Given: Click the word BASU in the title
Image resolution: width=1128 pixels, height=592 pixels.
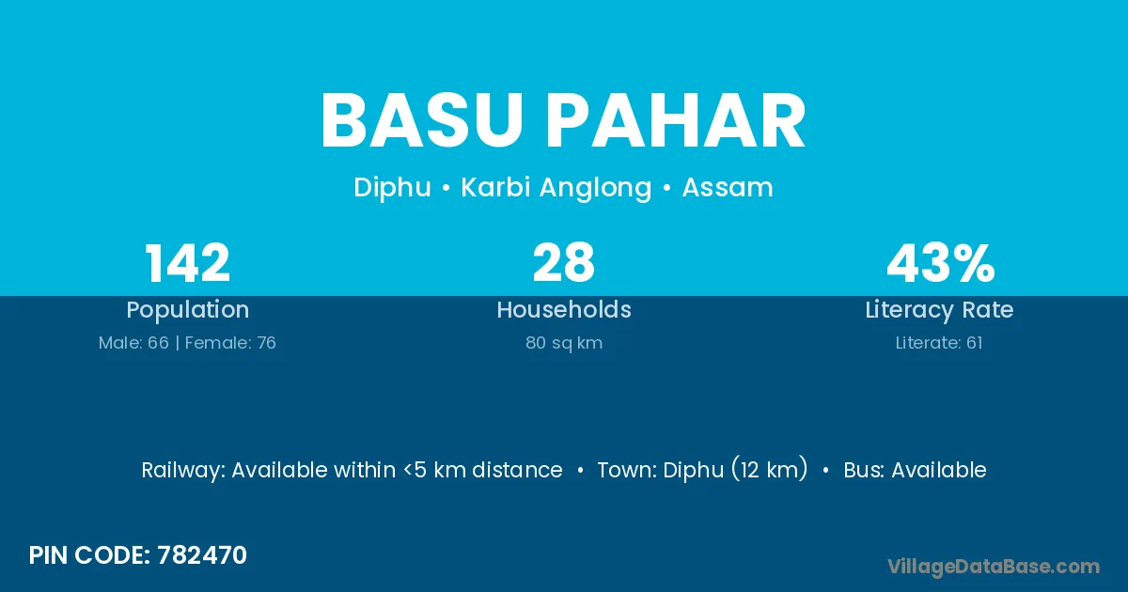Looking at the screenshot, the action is [422, 121].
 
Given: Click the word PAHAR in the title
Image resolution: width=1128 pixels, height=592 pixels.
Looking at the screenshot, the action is [676, 121].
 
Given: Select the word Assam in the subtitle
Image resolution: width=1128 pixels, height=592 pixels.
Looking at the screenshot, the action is [728, 187].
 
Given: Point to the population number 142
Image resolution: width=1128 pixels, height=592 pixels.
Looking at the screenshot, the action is [187, 263].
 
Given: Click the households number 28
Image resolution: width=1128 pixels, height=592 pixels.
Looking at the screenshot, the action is [563, 263].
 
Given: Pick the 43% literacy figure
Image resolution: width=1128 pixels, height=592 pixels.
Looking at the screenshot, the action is [941, 263].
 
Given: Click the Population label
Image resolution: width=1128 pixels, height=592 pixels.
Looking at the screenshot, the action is [188, 310].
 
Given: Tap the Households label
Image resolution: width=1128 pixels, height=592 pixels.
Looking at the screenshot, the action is [564, 309].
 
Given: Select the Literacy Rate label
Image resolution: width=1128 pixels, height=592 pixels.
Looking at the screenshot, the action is [939, 310].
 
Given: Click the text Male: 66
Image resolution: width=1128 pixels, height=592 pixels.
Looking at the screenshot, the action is [133, 343].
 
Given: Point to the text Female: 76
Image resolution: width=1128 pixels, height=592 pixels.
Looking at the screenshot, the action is [230, 343].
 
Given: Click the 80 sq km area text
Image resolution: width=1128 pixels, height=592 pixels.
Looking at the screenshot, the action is [564, 343].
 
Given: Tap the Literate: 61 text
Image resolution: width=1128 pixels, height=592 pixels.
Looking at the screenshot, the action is [939, 343].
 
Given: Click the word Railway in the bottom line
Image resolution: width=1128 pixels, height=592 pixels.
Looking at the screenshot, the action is [182, 470].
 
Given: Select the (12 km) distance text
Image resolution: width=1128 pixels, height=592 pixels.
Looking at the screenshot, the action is [770, 469].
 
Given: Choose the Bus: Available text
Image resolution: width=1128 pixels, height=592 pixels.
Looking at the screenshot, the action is [915, 470].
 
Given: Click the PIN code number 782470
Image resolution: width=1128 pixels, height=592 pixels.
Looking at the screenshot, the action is [202, 555].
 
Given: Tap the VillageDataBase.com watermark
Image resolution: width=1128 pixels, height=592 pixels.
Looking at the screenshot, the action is [994, 567].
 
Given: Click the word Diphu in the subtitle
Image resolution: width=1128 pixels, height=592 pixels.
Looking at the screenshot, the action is [392, 188].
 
